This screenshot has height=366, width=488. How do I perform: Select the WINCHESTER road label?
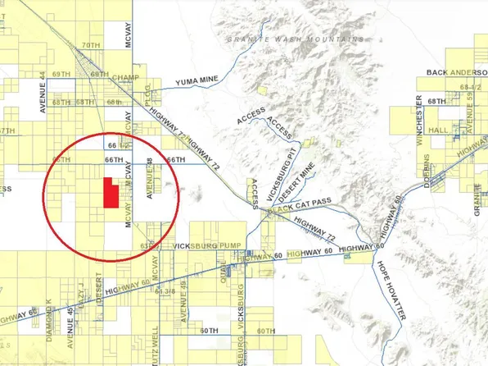(418, 120)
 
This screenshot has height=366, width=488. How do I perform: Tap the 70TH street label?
(91, 44)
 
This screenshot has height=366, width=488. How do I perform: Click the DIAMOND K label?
(48, 313)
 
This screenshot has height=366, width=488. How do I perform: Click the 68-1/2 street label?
(471, 86)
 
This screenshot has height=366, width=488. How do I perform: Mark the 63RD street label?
(147, 245)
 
